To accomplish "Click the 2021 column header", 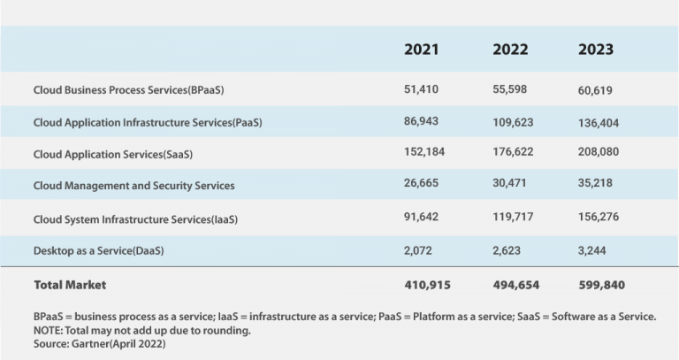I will pos(422,50).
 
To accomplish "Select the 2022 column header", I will pos(510,50).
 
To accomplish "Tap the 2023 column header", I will pos(596,50).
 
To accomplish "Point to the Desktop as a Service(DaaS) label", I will pos(98,251).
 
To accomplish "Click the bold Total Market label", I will pos(69,285).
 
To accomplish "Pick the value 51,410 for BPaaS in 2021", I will pos(421,89).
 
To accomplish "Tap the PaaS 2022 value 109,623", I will pos(514,122).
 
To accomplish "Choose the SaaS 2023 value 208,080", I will pos(599,152).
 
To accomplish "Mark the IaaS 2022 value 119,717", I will pos(514,218).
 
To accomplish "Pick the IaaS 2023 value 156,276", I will pos(599,218).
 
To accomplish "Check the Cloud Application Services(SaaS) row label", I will pos(112,154).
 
